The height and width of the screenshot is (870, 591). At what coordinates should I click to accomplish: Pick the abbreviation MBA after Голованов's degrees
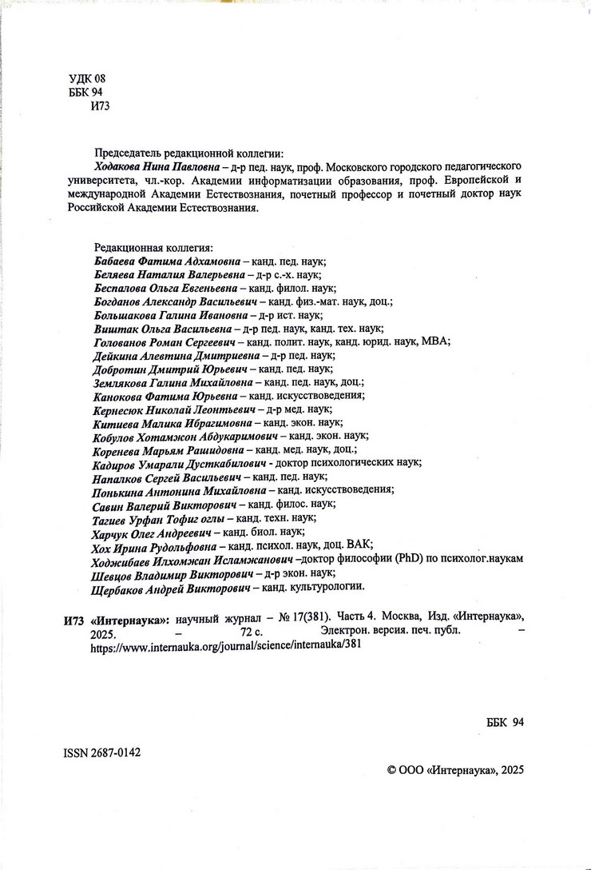[x=436, y=341]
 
